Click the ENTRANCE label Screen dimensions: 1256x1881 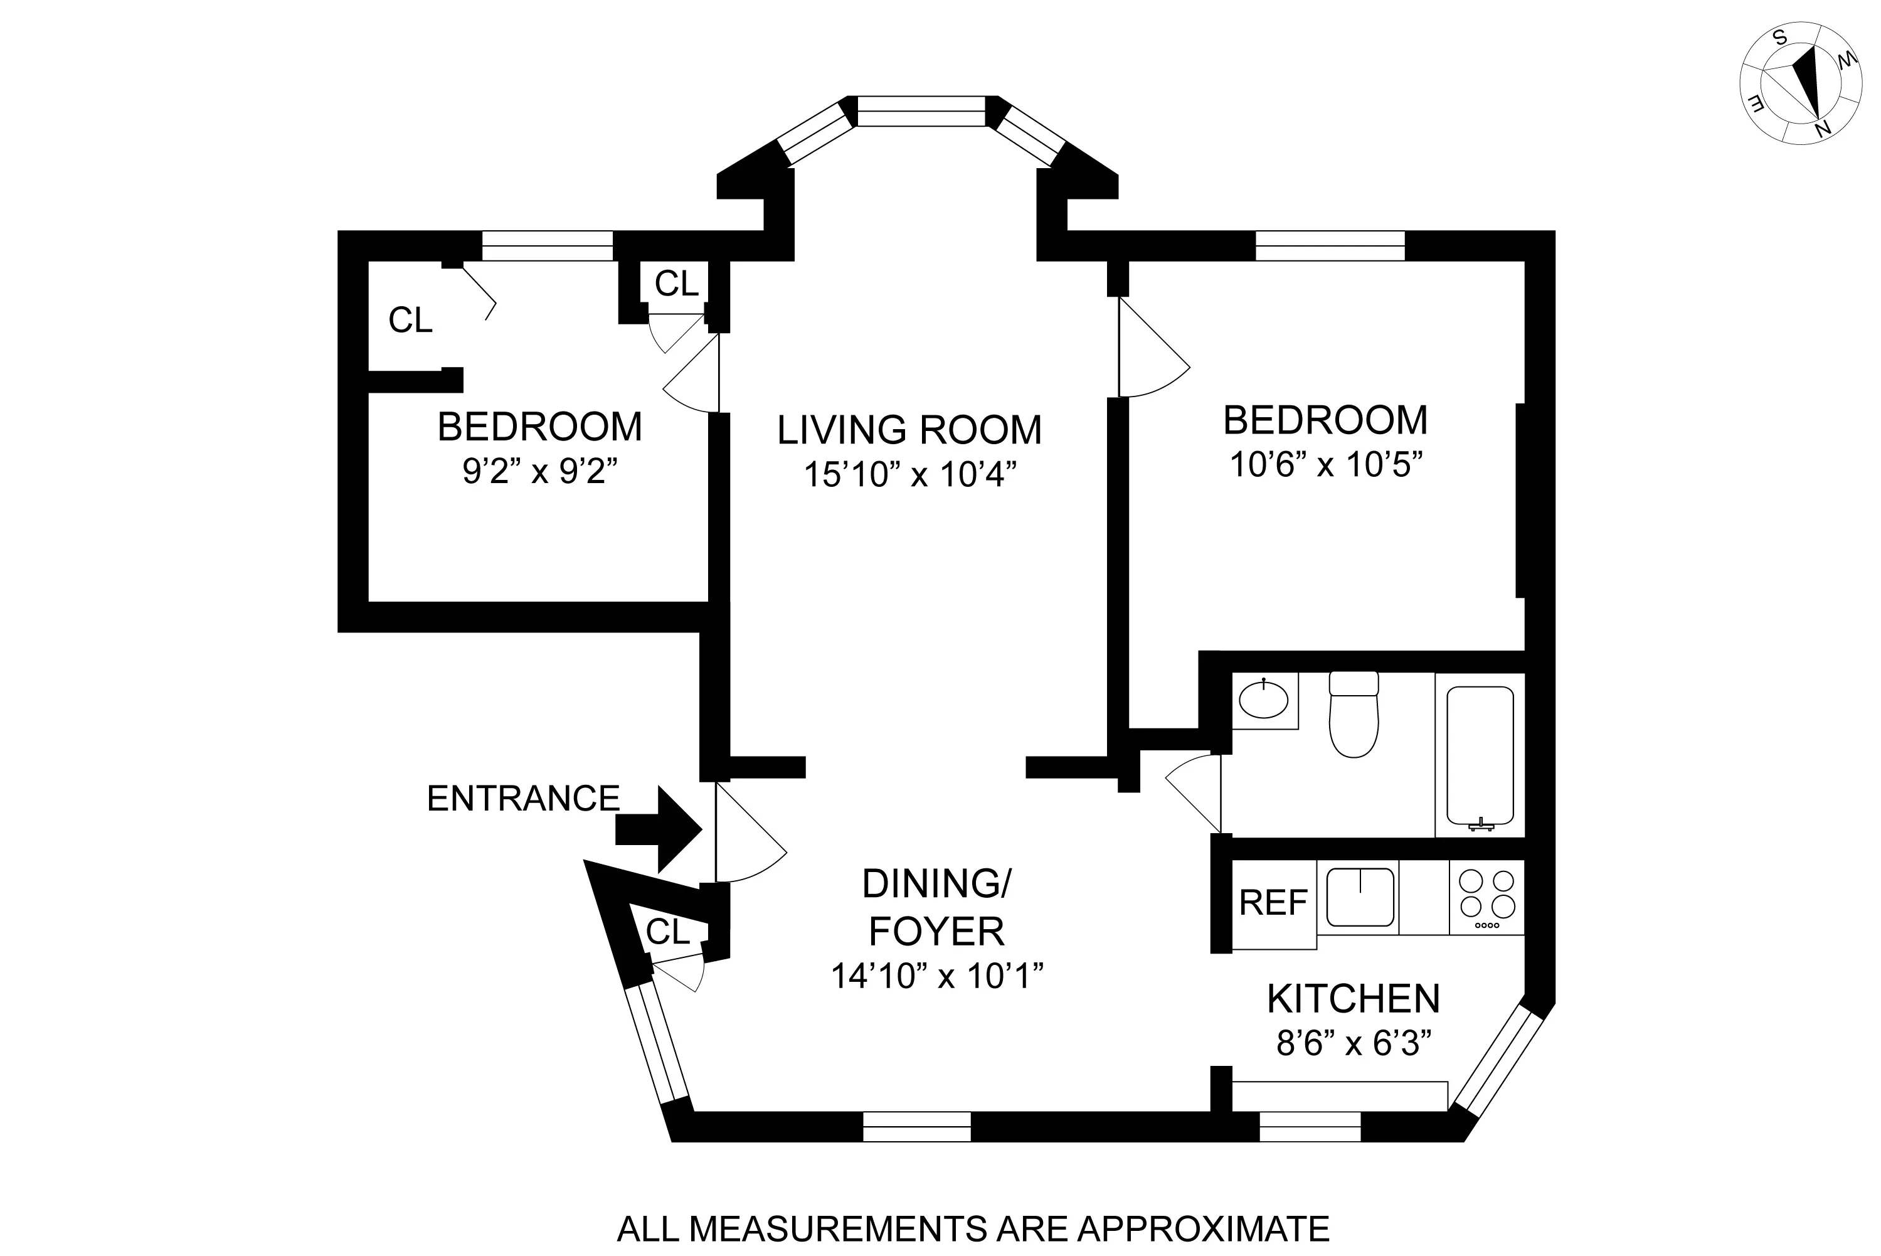(x=523, y=799)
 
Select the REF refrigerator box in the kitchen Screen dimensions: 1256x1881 (x=1273, y=903)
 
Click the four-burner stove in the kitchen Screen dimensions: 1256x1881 (x=1487, y=897)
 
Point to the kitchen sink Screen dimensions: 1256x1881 (x=1360, y=897)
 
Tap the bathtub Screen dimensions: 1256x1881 (x=1480, y=755)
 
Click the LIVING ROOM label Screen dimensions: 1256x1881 (x=909, y=430)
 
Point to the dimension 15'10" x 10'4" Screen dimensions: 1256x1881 (x=909, y=475)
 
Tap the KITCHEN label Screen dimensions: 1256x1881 (x=1354, y=999)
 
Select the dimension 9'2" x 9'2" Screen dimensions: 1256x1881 (x=541, y=472)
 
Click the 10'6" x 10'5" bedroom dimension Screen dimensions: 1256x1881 (x=1325, y=465)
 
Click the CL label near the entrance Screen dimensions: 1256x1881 (x=667, y=932)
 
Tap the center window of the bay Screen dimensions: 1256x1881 (x=921, y=111)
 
